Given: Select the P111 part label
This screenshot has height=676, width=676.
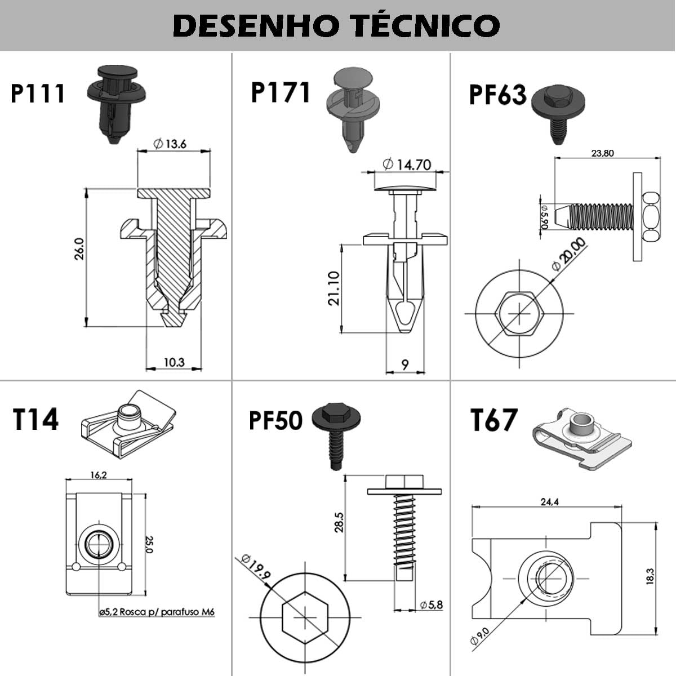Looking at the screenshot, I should [x=38, y=94].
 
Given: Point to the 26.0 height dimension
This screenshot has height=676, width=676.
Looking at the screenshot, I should [x=79, y=248].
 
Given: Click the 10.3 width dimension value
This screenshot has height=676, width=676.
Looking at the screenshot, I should [x=174, y=362].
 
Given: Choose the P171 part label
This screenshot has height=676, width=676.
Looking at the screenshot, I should [x=281, y=92].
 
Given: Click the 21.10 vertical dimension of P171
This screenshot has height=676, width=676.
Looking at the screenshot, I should [x=335, y=288].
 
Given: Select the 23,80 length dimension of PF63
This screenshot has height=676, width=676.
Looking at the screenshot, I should [x=602, y=153].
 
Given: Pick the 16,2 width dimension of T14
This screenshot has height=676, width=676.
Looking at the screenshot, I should [x=98, y=475].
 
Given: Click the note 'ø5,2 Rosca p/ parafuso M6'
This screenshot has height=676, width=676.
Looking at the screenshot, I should [x=157, y=612].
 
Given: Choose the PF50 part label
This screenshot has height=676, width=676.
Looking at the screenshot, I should [x=275, y=420].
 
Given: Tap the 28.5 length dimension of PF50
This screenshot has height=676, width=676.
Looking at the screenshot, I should [x=339, y=522].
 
